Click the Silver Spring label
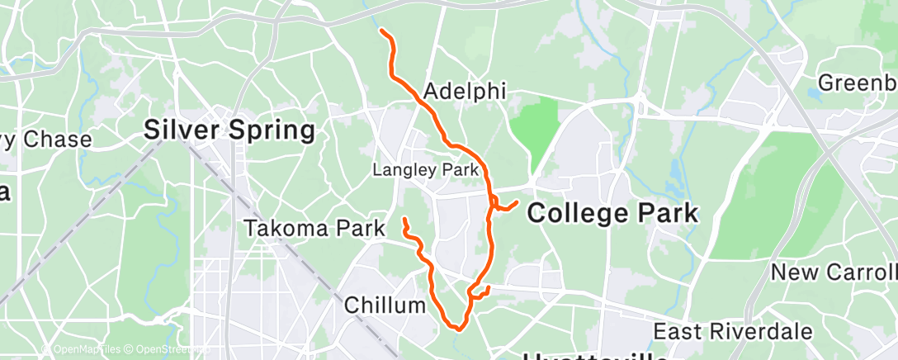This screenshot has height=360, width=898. [229, 130]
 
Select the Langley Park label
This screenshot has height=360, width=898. [426, 170]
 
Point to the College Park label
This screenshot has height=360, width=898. [612, 213]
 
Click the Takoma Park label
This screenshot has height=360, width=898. [315, 229]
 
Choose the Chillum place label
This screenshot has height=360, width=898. [385, 306]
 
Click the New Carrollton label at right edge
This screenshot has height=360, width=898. [834, 272]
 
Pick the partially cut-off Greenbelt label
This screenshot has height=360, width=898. [857, 83]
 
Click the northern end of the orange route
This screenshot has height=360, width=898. [381, 31]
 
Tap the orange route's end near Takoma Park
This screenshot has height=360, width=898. [404, 220]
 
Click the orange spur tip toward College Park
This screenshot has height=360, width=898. [517, 201]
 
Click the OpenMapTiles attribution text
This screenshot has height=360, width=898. [81, 349]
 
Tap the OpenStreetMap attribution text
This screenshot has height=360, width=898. [157, 349]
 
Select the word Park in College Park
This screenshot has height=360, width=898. [660, 213]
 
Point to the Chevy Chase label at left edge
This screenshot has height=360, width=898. [45, 140]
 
